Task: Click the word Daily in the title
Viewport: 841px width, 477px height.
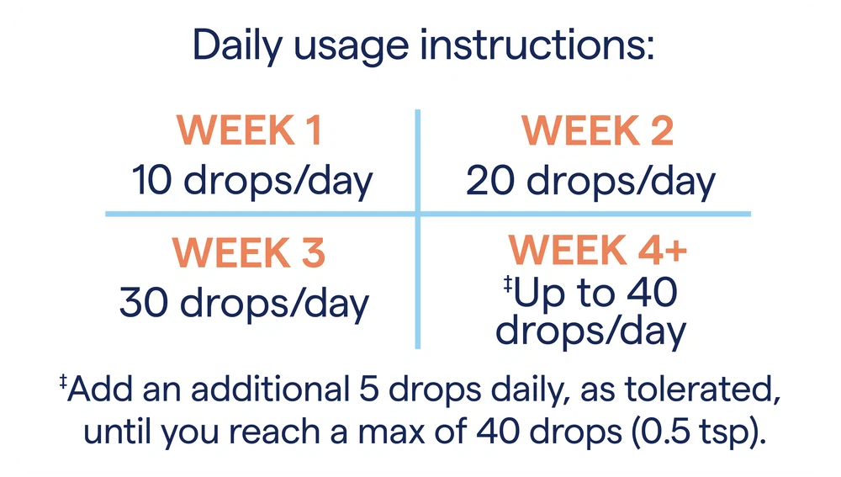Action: click(237, 46)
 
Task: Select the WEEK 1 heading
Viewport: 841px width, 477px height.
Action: click(250, 130)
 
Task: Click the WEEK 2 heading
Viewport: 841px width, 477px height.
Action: click(597, 130)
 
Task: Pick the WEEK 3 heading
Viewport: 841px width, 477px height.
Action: click(249, 252)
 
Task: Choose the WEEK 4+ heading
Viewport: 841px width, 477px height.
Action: click(597, 250)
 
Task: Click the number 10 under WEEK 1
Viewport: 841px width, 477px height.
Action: click(151, 180)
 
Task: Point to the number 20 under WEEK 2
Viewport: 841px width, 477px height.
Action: click(489, 180)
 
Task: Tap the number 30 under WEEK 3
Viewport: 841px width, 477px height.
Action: click(143, 303)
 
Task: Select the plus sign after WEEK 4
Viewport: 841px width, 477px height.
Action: click(676, 251)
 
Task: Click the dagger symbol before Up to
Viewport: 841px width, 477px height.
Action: click(507, 284)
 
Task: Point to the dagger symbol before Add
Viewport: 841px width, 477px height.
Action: click(63, 381)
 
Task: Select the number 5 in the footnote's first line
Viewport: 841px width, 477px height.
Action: click(369, 389)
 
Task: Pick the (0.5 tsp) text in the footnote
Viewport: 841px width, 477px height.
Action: click(698, 432)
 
